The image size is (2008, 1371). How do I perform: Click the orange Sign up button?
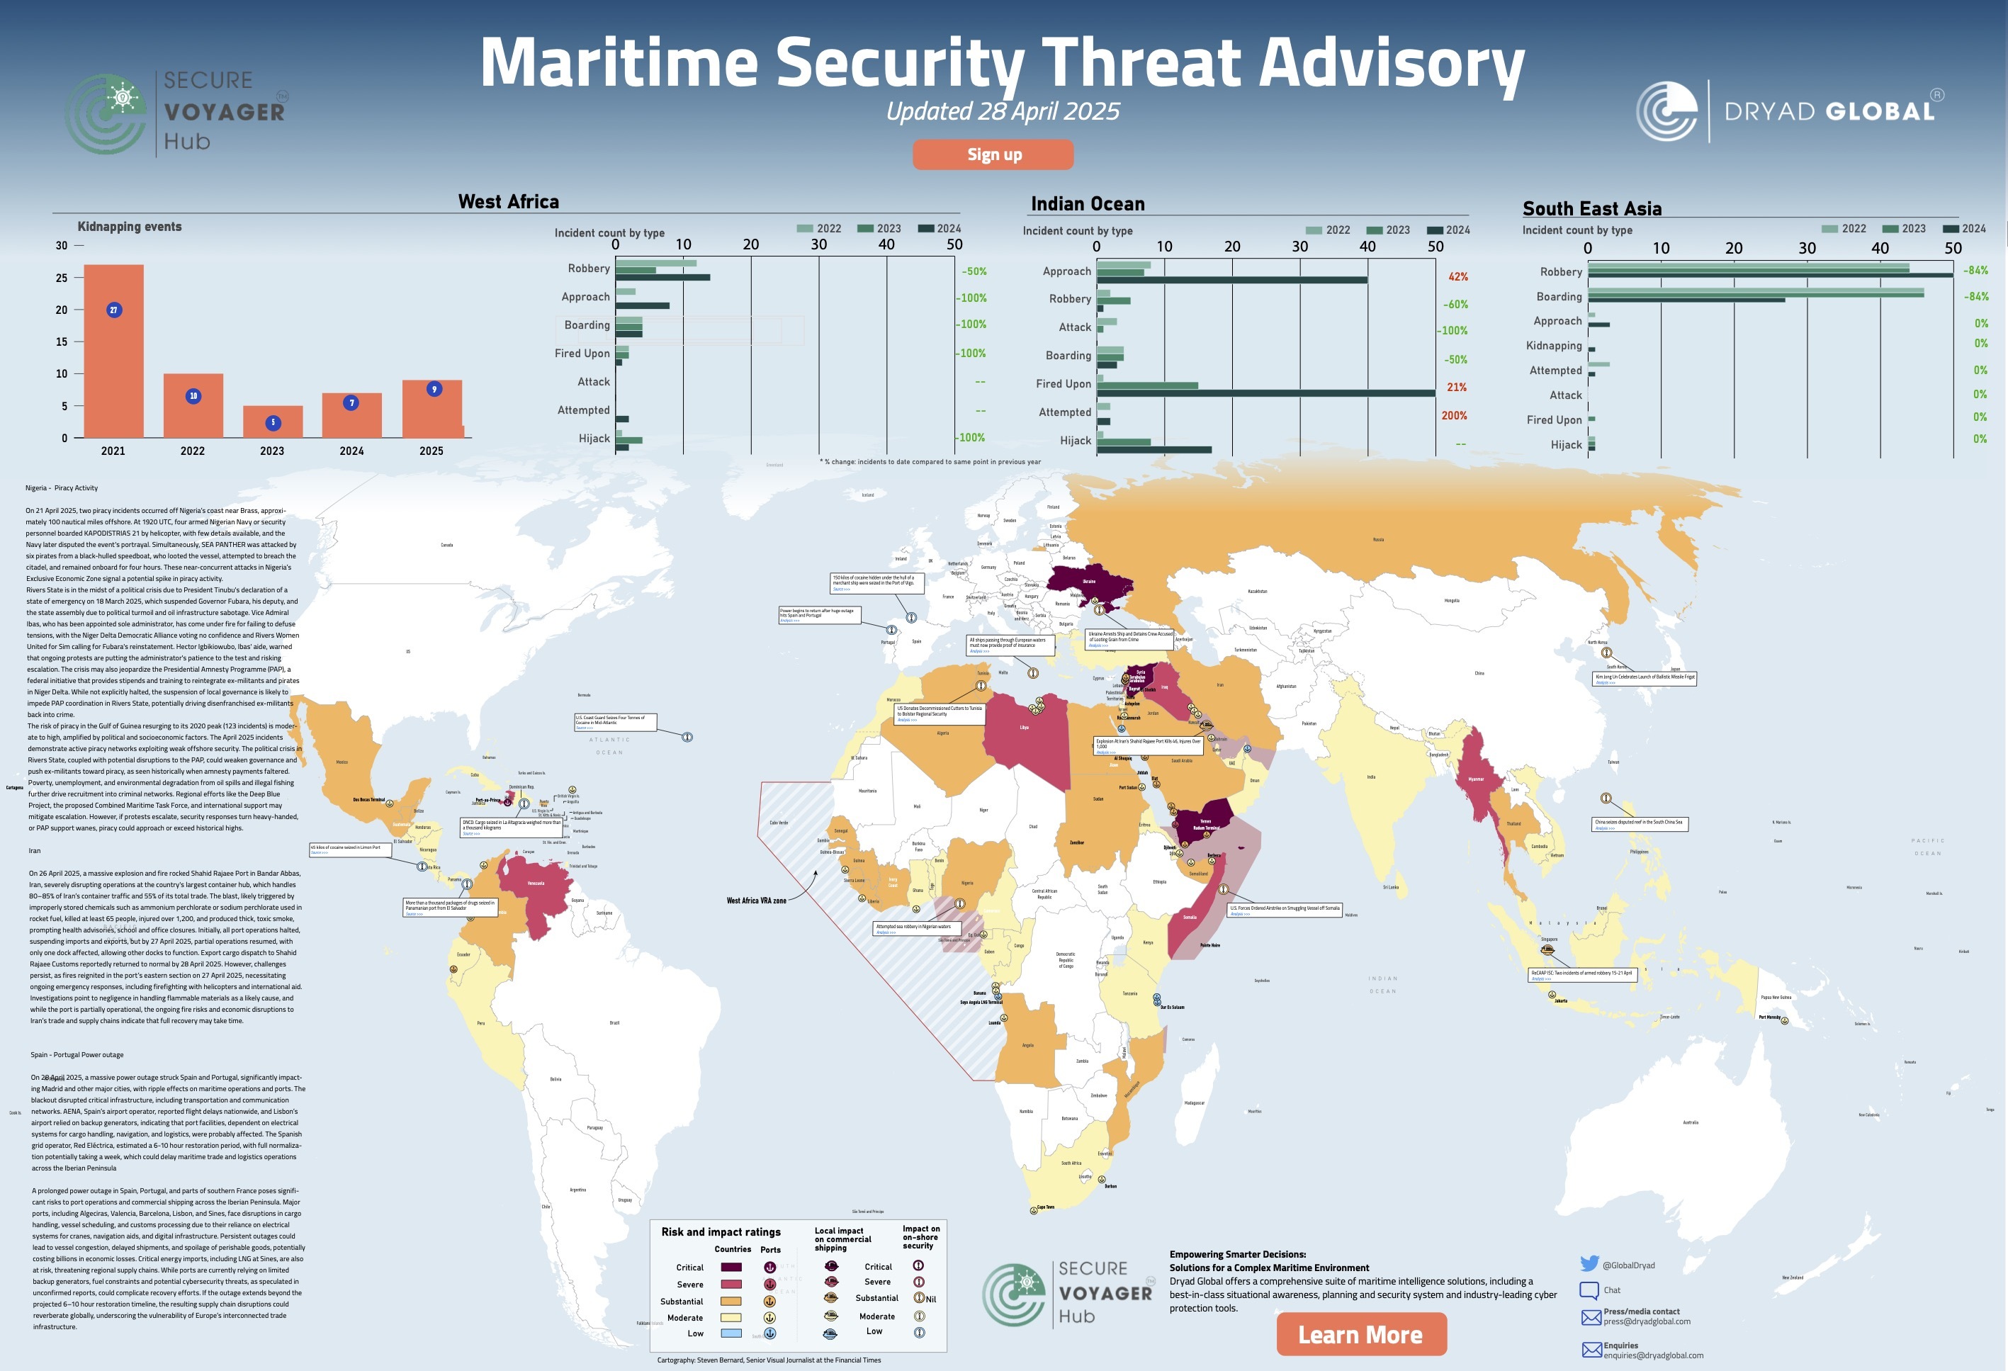[993, 154]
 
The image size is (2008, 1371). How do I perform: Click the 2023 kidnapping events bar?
[272, 422]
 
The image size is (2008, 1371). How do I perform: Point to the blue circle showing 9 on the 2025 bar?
[434, 389]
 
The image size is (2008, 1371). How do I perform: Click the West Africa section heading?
[508, 201]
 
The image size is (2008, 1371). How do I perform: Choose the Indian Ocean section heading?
[1087, 204]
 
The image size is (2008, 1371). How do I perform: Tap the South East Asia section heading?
[1591, 208]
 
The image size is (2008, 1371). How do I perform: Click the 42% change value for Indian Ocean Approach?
[1457, 276]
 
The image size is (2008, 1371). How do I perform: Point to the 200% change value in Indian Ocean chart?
[1453, 415]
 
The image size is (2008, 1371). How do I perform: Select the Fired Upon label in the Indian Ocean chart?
[1063, 383]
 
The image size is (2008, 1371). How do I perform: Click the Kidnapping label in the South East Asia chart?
[1554, 346]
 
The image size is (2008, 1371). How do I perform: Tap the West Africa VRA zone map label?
[756, 900]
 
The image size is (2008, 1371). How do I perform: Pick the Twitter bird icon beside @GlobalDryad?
[1589, 1263]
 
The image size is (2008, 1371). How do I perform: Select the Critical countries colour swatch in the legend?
[731, 1268]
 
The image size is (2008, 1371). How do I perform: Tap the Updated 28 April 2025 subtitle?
[1003, 111]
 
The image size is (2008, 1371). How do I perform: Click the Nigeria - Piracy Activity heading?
[62, 488]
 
